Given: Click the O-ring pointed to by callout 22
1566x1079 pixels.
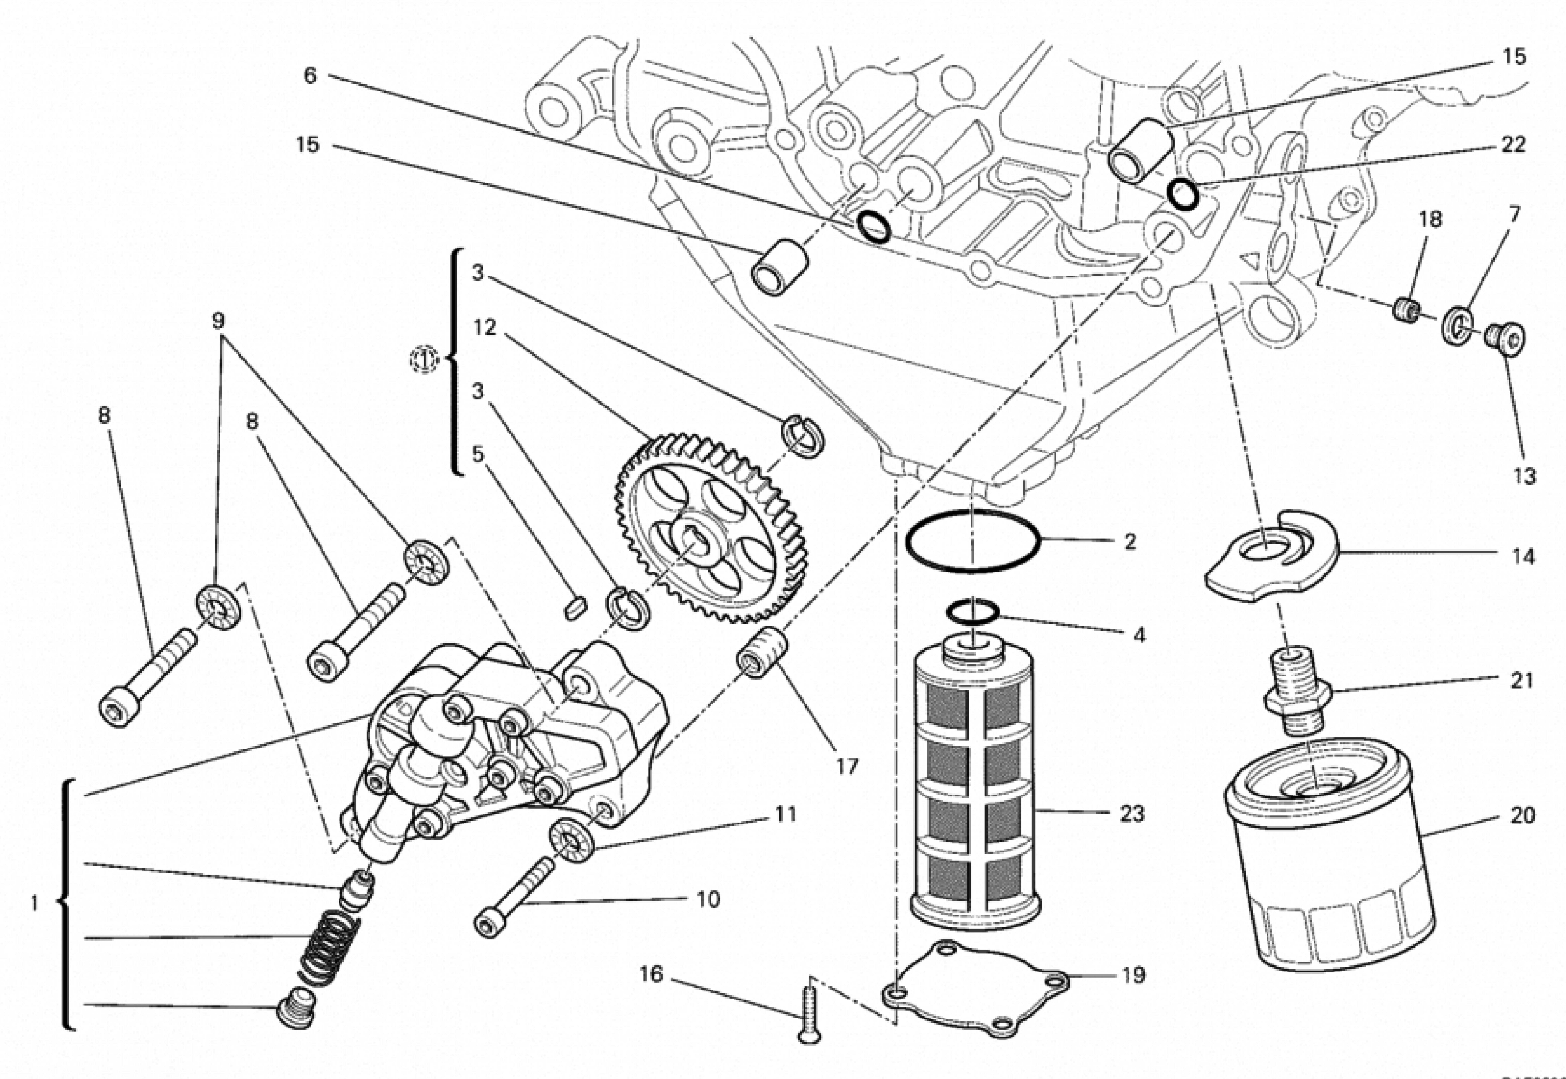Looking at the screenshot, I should (1183, 194).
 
